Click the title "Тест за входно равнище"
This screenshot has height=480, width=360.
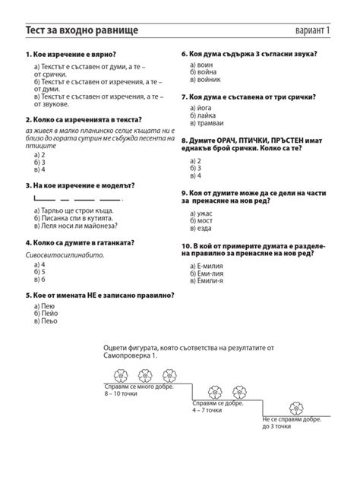pos(82,30)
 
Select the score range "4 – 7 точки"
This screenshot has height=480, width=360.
pos(207,410)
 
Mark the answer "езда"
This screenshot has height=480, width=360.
pos(204,228)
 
